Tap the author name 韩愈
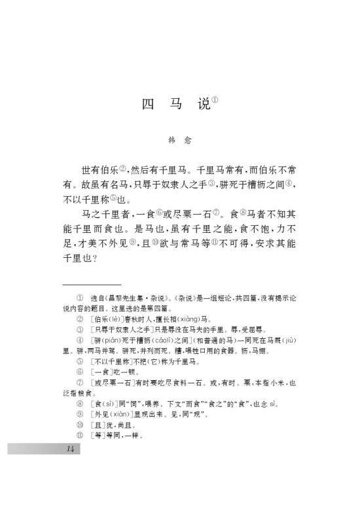179,139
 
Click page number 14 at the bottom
71,448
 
